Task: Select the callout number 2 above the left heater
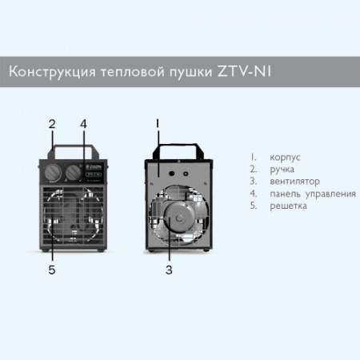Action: (x=52, y=124)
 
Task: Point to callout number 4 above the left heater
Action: (x=83, y=124)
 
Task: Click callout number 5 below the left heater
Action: (x=52, y=270)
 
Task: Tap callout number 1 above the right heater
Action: (x=158, y=124)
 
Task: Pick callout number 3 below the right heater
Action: (x=169, y=270)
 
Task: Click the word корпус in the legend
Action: (x=285, y=158)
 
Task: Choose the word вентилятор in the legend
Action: (x=295, y=182)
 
